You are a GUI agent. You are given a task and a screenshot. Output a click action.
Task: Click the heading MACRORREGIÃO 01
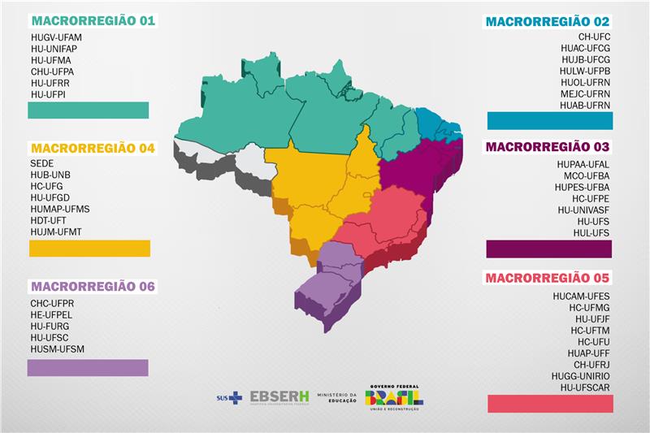pyautogui.click(x=92, y=20)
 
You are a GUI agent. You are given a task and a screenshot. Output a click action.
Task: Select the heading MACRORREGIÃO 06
pyautogui.click(x=92, y=286)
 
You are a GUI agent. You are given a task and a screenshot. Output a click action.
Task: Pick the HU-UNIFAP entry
pyautogui.click(x=54, y=49)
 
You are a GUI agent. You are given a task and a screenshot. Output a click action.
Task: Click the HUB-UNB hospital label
pyautogui.click(x=50, y=175)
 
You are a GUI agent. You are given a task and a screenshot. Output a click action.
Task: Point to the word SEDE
pyautogui.click(x=42, y=163)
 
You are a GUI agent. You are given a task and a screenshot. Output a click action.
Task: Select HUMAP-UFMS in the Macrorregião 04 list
pyautogui.click(x=60, y=209)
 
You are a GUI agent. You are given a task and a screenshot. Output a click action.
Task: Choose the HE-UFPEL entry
pyautogui.click(x=52, y=315)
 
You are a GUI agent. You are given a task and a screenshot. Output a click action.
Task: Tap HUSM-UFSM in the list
pyautogui.click(x=57, y=349)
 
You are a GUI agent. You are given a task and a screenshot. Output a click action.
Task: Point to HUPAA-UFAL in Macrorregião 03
pyautogui.click(x=583, y=164)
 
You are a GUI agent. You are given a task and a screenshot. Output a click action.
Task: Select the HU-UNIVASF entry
pyautogui.click(x=583, y=210)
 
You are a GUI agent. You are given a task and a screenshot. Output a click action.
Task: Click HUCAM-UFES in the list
pyautogui.click(x=581, y=297)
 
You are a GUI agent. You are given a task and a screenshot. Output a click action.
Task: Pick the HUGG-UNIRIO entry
pyautogui.click(x=579, y=376)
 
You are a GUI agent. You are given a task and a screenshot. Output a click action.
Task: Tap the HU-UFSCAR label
pyautogui.click(x=582, y=388)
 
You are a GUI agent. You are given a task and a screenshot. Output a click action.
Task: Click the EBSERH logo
pyautogui.click(x=279, y=396)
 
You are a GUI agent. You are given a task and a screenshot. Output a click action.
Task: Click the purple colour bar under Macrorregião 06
pyautogui.click(x=88, y=368)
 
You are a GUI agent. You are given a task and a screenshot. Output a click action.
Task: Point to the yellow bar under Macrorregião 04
pyautogui.click(x=89, y=249)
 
